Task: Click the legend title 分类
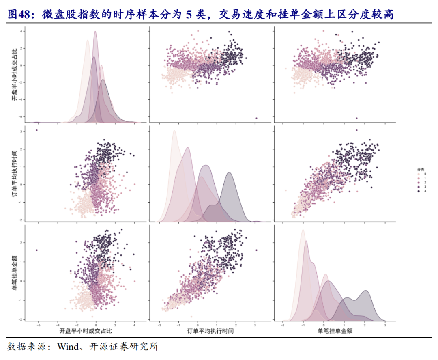[421, 169]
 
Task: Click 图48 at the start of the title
[17, 15]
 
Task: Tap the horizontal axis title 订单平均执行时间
[211, 331]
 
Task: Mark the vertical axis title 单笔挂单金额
[15, 272]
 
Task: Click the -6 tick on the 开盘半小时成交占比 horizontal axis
[38, 325]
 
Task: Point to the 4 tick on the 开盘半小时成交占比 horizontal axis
[134, 325]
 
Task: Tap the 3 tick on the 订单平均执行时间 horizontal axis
[255, 325]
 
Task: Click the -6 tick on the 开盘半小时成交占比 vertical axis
[21, 116]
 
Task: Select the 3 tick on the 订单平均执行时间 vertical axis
[21, 132]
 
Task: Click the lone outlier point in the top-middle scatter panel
[256, 118]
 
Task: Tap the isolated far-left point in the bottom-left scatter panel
[37, 250]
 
